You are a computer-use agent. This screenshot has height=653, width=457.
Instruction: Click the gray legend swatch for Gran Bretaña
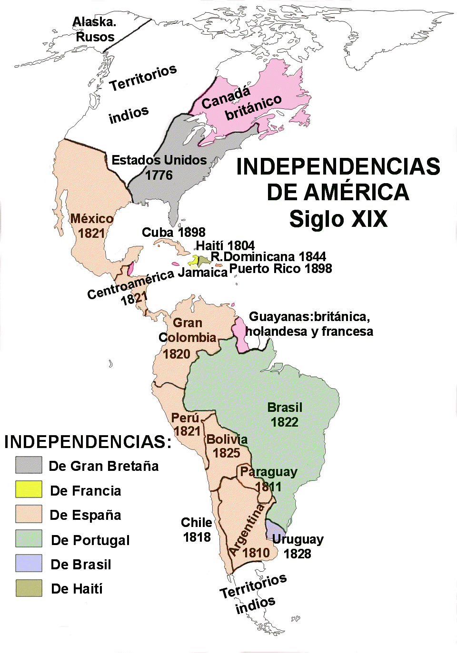tap(29, 465)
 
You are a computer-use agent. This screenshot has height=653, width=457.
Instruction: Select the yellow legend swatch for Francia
tap(29, 489)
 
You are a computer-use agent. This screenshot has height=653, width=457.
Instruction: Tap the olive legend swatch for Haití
tap(29, 588)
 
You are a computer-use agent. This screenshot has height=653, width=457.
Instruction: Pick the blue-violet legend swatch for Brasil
tap(29, 564)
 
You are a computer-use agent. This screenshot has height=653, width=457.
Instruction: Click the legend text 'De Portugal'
tap(90, 540)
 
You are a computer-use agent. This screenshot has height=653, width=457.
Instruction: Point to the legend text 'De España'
tap(85, 515)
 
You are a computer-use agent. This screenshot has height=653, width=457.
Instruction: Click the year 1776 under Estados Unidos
tap(159, 175)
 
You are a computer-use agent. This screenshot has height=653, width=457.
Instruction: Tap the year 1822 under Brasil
tap(284, 422)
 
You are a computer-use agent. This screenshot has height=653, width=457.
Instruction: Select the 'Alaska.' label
tap(94, 22)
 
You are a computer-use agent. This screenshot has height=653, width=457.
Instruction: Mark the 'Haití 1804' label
tap(225, 245)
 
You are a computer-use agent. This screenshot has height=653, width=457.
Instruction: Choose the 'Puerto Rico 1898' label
tap(280, 269)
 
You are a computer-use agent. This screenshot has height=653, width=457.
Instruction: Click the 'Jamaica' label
tap(202, 273)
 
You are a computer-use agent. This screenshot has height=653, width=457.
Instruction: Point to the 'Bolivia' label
tap(227, 439)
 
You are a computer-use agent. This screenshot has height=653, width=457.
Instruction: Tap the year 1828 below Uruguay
tap(297, 554)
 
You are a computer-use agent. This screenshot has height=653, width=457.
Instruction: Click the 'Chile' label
tap(196, 523)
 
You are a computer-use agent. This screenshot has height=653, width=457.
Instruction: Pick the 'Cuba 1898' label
tap(173, 233)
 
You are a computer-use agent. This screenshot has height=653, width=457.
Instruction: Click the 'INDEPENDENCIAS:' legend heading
tap(88, 442)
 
